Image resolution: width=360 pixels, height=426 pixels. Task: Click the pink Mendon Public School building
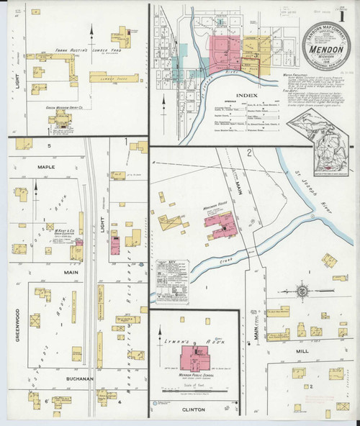tap(192, 357)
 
